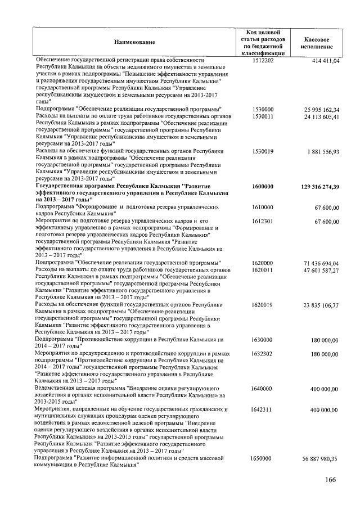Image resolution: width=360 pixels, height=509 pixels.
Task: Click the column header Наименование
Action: click(134, 42)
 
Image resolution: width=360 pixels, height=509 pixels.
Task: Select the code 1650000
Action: click(263, 459)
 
